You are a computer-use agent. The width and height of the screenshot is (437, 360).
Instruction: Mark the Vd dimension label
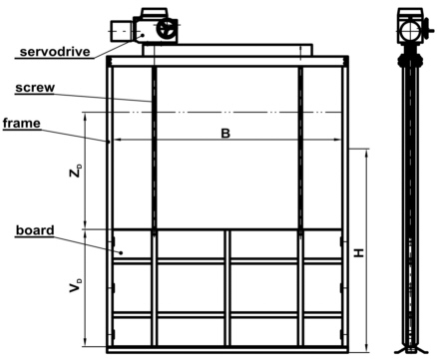pyautogui.click(x=74, y=288)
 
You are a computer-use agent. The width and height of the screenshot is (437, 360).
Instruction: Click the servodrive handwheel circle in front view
pyautogui.click(x=166, y=31)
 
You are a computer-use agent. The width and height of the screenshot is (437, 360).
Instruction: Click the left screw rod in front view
pyautogui.click(x=153, y=150)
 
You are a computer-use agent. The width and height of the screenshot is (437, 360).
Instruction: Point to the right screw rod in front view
pyautogui.click(x=299, y=150)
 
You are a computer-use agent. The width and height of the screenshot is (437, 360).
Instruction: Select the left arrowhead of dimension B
pyautogui.click(x=114, y=141)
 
